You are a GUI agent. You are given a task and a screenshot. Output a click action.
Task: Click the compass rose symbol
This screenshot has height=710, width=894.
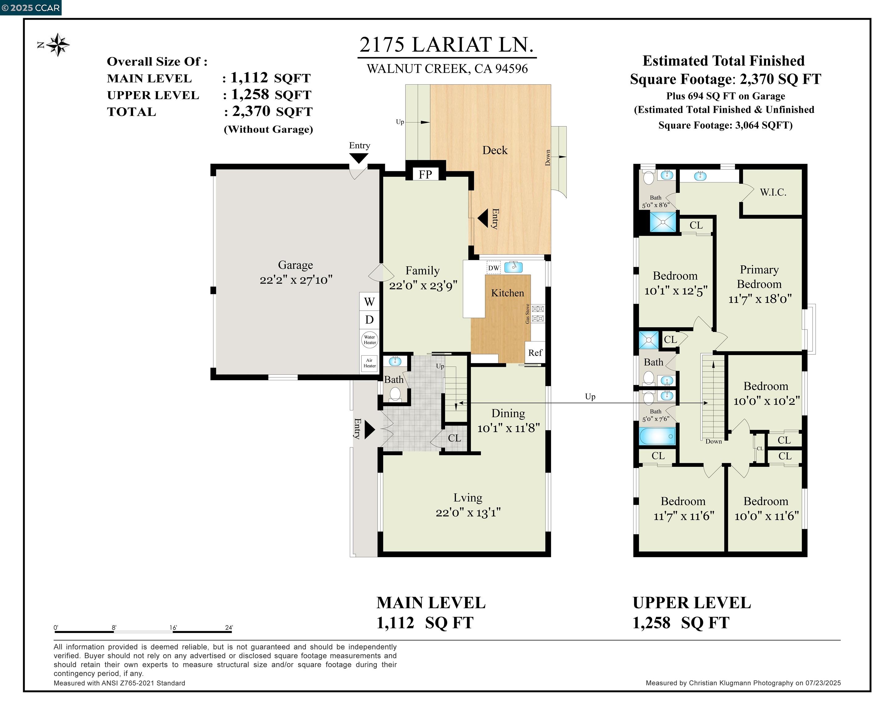pyautogui.click(x=58, y=45)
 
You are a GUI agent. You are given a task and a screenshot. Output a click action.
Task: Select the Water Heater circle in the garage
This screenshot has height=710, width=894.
pyautogui.click(x=369, y=340)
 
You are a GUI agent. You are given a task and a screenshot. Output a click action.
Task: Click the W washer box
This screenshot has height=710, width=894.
pyautogui.click(x=369, y=301)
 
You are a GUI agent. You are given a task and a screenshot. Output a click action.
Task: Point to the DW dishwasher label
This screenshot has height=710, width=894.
pyautogui.click(x=493, y=268)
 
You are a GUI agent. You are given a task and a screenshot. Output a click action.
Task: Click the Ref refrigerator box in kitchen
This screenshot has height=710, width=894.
pyautogui.click(x=535, y=353)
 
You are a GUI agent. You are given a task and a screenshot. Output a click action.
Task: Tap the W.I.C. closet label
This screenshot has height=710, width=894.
pyautogui.click(x=773, y=192)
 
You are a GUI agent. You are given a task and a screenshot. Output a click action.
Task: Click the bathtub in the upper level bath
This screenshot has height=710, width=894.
pyautogui.click(x=657, y=436)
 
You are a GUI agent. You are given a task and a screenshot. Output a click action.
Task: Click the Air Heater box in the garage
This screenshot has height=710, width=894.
pyautogui.click(x=369, y=363)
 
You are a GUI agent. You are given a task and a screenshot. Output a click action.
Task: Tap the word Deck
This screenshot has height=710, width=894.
pyautogui.click(x=495, y=150)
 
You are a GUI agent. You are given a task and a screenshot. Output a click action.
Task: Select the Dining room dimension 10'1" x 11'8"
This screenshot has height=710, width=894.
pyautogui.click(x=508, y=428)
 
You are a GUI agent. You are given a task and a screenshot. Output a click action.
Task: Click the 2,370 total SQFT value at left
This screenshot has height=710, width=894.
pyautogui.click(x=251, y=111)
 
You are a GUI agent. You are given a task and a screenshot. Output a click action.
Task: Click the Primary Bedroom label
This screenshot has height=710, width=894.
pyautogui.click(x=759, y=277)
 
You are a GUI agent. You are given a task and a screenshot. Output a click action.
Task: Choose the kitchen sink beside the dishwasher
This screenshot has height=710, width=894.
pyautogui.click(x=513, y=267)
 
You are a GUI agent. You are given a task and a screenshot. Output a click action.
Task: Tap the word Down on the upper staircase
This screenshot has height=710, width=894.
pyautogui.click(x=714, y=441)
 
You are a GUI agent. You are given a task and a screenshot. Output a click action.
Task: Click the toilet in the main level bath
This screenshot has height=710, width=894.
pyautogui.click(x=395, y=394)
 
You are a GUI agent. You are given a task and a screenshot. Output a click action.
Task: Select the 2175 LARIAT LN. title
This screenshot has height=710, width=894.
pyautogui.click(x=447, y=45)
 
